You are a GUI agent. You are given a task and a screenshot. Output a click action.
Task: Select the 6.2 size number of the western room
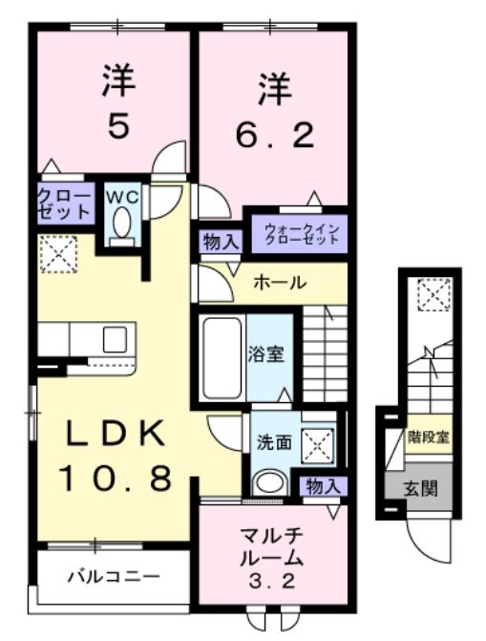(274, 138)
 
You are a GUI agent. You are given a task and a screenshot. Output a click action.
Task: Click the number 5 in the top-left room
(117, 128)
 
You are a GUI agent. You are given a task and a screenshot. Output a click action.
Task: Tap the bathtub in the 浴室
(222, 357)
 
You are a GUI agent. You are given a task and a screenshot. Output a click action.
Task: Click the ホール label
(280, 283)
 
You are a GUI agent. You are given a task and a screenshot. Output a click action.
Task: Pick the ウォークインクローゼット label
(301, 232)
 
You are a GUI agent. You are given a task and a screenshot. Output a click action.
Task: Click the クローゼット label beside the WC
(65, 203)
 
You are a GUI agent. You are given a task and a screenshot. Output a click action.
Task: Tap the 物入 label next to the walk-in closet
(221, 242)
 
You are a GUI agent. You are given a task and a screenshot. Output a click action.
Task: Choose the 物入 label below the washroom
(323, 486)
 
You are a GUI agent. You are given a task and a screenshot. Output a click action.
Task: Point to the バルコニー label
(113, 577)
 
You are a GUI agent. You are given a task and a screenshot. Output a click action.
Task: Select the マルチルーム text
(272, 545)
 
